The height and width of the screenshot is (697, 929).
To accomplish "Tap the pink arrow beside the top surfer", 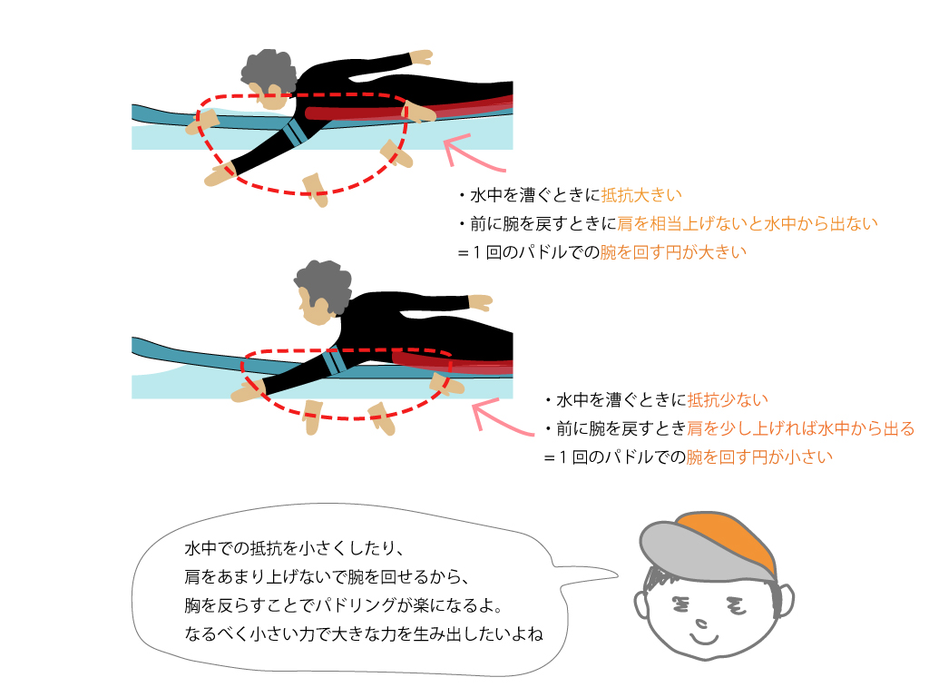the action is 471,153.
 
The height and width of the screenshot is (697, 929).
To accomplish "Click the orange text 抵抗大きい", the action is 641,195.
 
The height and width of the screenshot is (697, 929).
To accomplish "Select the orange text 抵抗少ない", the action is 728,400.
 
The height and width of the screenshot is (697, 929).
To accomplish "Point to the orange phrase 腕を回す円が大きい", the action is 673,252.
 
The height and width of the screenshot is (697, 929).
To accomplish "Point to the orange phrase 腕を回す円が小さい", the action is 759,457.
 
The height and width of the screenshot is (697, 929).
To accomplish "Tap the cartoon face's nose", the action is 701,623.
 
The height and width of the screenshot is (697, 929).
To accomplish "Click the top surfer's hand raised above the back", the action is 422,57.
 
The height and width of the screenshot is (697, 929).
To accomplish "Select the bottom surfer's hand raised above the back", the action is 481,301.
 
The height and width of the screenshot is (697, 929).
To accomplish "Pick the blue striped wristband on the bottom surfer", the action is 334,361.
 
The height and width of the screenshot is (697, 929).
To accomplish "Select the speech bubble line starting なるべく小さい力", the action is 364,634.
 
